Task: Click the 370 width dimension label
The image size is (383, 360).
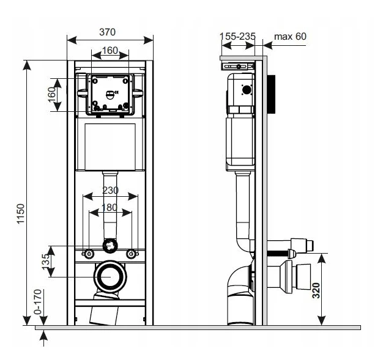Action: [x=107, y=32]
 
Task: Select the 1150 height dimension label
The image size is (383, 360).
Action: [x=21, y=213]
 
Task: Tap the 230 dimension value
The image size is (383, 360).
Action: [x=110, y=190]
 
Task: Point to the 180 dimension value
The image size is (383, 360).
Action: [x=110, y=207]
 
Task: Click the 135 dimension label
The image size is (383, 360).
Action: [x=46, y=262]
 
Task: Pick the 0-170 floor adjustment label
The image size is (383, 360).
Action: [x=38, y=301]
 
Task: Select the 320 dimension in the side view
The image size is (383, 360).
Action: [x=316, y=290]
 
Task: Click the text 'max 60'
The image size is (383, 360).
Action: [x=290, y=36]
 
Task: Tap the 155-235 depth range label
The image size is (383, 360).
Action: [x=237, y=36]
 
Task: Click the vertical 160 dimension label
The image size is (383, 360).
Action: [x=52, y=95]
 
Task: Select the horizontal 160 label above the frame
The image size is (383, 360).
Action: [x=110, y=51]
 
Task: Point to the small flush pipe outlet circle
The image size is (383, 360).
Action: [x=110, y=246]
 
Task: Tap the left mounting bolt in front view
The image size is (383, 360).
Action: [x=89, y=254]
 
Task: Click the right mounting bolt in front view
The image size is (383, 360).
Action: [x=131, y=254]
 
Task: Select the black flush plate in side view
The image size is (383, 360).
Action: [x=271, y=94]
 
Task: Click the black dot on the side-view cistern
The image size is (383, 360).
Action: [x=247, y=90]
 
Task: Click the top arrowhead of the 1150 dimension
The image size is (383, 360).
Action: [x=27, y=65]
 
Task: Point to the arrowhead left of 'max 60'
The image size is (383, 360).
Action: [x=268, y=45]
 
